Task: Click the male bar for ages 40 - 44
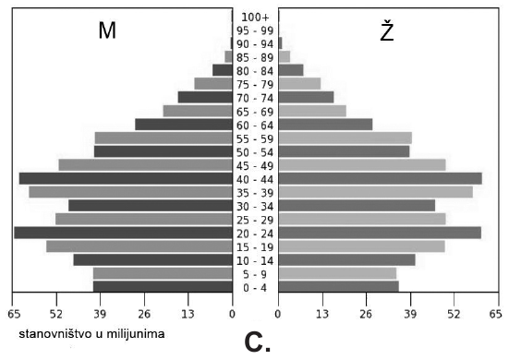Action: coord(126,179)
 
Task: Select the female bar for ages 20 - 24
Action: coord(380,233)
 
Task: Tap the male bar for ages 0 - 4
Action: coord(163,287)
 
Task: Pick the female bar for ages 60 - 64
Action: coord(325,125)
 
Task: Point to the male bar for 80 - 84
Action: coord(223,70)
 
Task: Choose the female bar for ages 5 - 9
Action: coord(337,273)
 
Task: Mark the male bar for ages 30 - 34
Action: coord(151,206)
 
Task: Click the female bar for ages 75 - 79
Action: coord(299,84)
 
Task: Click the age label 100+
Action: coord(255,18)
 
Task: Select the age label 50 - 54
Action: coord(255,152)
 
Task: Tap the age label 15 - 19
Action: coord(255,247)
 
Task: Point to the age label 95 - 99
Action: coord(255,30)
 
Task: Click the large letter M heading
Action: coord(107,30)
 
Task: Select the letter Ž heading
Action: coord(387,30)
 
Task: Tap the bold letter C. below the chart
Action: coord(258,342)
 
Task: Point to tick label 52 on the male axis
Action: coord(56,314)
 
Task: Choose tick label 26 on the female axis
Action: coord(366,314)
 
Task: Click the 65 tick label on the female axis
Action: coord(496,314)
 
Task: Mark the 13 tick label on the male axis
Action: coord(188,314)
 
